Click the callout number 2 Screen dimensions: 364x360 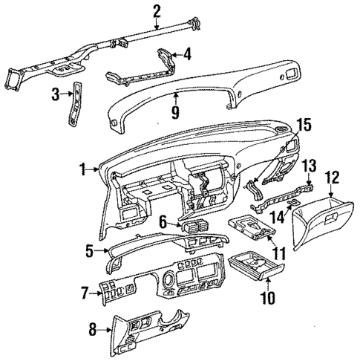tap(157, 10)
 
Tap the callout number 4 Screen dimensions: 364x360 tap(187, 53)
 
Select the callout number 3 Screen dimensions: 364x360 tap(55, 94)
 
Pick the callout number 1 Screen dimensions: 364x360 tap(84, 171)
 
